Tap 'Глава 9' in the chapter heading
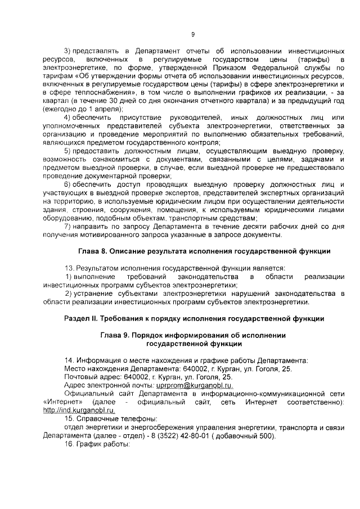116,335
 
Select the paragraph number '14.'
69,359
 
